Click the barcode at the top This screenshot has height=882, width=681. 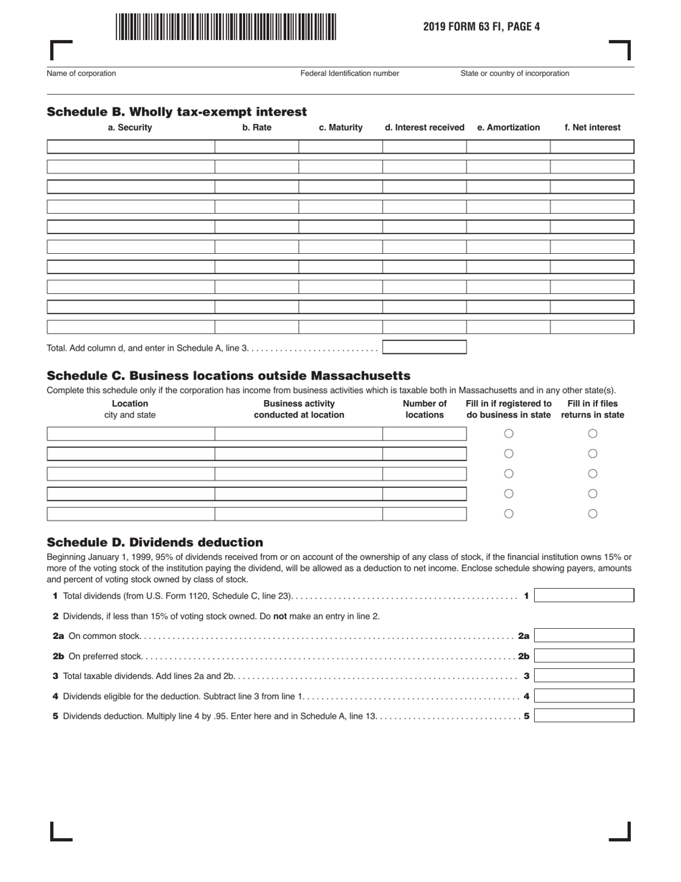(225, 27)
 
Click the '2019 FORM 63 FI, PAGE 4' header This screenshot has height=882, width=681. (481, 27)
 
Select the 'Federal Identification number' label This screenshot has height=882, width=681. (350, 73)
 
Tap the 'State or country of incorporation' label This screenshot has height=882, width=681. (515, 73)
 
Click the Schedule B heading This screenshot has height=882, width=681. (176, 112)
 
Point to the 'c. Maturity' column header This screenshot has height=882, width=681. (340, 128)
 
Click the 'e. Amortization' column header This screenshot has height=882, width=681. (508, 128)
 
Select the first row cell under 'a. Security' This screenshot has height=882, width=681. (130, 147)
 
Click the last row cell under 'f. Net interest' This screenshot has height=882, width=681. (592, 327)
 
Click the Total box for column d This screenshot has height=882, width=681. (424, 348)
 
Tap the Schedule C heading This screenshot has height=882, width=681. (228, 376)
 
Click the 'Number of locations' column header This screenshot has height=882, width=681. (424, 409)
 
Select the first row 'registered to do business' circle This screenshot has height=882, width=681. (509, 434)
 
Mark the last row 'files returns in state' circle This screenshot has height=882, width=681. (593, 513)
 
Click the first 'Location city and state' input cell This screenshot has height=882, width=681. (130, 434)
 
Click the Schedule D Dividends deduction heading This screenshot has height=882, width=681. (155, 542)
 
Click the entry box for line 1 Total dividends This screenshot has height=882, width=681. (584, 596)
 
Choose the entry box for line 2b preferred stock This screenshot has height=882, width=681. (584, 656)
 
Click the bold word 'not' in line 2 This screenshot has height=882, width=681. (280, 616)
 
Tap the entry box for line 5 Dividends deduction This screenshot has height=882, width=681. (584, 716)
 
